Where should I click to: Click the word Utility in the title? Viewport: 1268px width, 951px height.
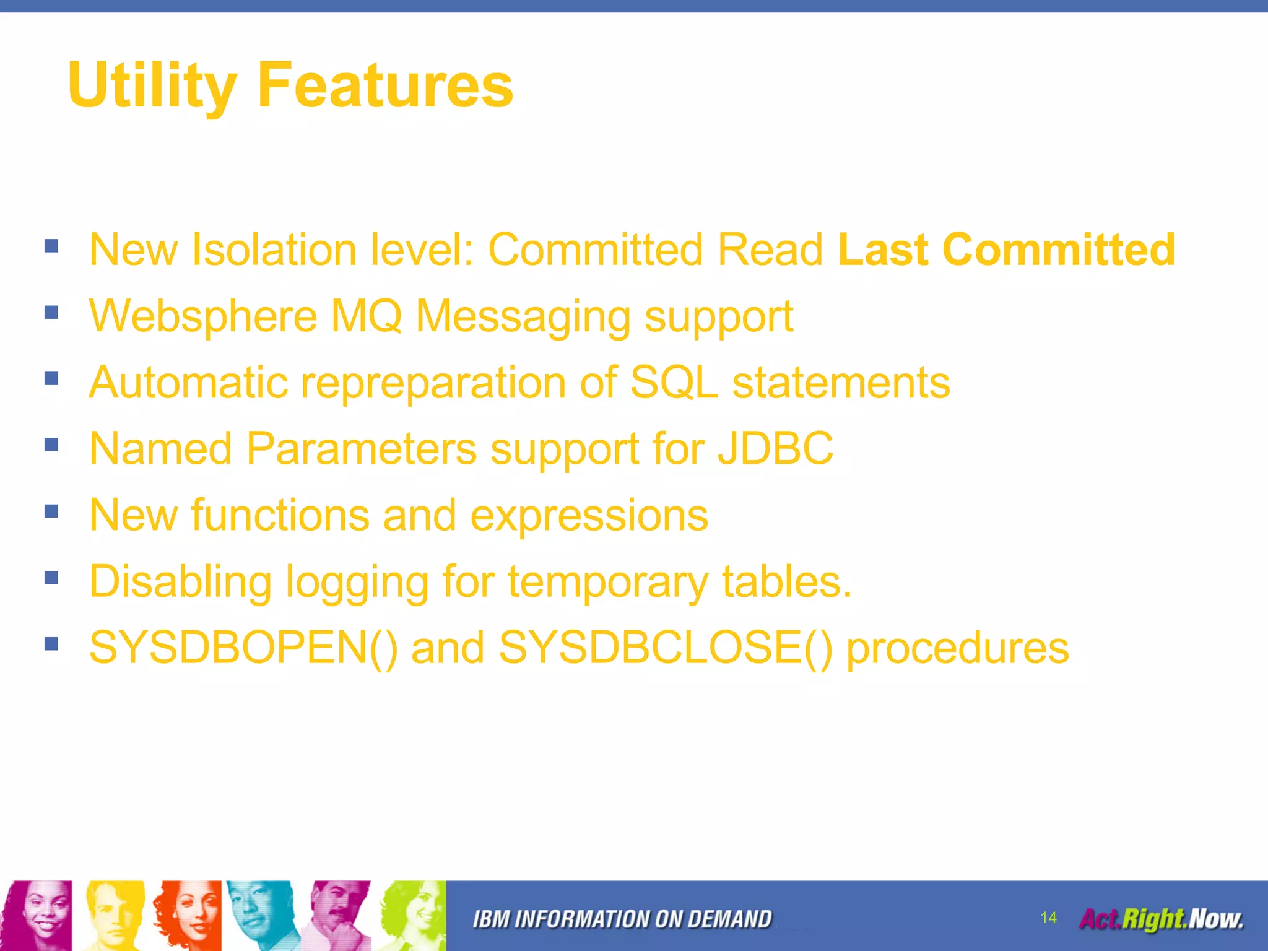pyautogui.click(x=152, y=85)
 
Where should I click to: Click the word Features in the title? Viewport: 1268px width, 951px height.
pyautogui.click(x=384, y=85)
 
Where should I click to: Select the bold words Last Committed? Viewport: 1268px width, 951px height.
pyautogui.click(x=1005, y=250)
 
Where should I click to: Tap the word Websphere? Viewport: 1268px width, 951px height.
pyautogui.click(x=203, y=316)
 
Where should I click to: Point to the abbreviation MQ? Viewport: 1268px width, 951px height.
pyautogui.click(x=366, y=316)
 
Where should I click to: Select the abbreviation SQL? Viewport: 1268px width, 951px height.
pyautogui.click(x=674, y=382)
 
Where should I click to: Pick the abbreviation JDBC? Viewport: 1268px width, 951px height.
pyautogui.click(x=775, y=448)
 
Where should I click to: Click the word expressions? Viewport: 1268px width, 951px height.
pyautogui.click(x=589, y=516)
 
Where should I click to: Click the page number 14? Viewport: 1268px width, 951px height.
pyautogui.click(x=1048, y=918)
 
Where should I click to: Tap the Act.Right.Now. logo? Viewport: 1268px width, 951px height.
pyautogui.click(x=1161, y=919)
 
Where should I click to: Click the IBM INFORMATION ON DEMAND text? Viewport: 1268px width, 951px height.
pyautogui.click(x=622, y=919)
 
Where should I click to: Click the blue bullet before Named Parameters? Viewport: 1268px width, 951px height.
pyautogui.click(x=51, y=445)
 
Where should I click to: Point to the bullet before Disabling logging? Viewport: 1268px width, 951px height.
pyautogui.click(x=51, y=578)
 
